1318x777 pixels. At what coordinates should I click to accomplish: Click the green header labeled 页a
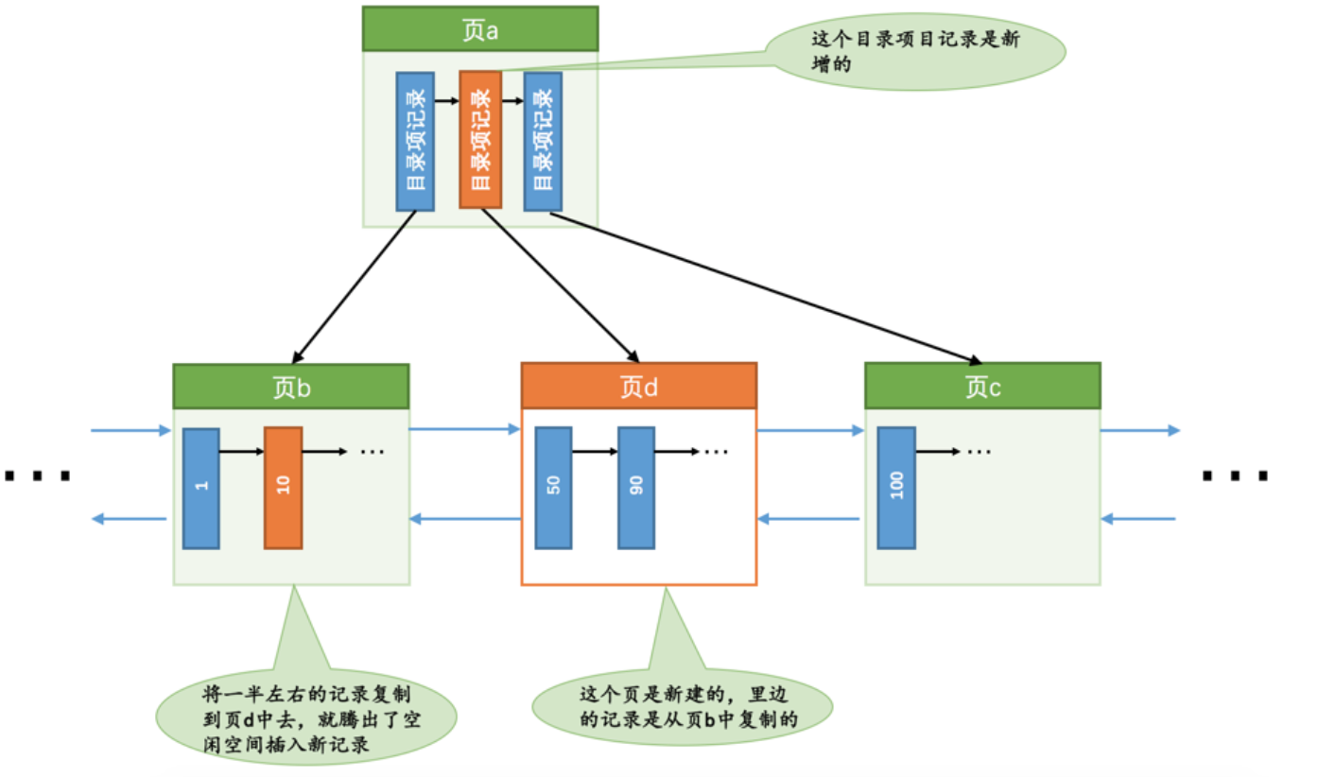tap(480, 28)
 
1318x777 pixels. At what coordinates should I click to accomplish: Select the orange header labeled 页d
tap(639, 386)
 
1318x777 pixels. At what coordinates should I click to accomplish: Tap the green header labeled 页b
tap(291, 387)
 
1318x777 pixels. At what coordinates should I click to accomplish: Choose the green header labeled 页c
tap(982, 386)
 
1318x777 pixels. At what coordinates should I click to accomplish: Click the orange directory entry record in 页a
tap(480, 140)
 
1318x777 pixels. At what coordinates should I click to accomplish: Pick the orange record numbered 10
tap(283, 488)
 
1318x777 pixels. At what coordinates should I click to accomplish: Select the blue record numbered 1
tap(201, 489)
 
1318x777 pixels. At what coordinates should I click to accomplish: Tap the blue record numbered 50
tap(553, 488)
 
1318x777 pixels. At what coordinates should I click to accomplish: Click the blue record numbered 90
tap(636, 488)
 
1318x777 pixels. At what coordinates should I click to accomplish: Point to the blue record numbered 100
tap(896, 488)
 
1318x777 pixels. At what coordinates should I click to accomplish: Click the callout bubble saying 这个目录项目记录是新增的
tap(915, 52)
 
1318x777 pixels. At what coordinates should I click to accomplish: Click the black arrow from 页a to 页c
tap(766, 287)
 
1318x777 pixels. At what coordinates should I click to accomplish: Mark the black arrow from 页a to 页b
tap(355, 286)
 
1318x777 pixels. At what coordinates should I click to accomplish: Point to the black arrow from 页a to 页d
tap(560, 285)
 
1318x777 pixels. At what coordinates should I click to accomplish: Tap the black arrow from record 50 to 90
tap(595, 451)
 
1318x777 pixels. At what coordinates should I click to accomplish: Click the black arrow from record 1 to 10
tap(242, 451)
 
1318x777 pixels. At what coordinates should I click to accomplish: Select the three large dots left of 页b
tap(38, 475)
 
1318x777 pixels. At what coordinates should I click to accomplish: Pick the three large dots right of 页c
tap(1235, 475)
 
